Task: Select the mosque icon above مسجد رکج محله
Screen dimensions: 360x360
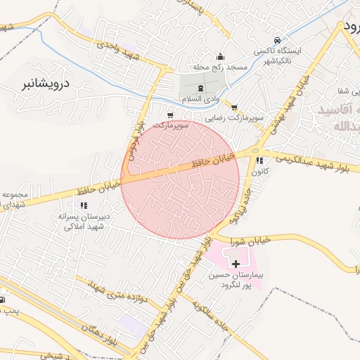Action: pos(220,56)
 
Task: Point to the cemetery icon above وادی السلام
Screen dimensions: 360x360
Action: pos(201,88)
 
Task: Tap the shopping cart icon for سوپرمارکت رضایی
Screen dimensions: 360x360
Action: pos(234,107)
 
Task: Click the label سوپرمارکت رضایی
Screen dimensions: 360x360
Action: pos(240,118)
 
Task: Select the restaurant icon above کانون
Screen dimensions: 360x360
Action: pos(261,160)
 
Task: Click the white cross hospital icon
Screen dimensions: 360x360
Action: pos(235,262)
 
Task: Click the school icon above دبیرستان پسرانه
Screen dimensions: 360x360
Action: pos(84,205)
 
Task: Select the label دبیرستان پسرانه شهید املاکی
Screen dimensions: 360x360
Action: pos(84,221)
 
